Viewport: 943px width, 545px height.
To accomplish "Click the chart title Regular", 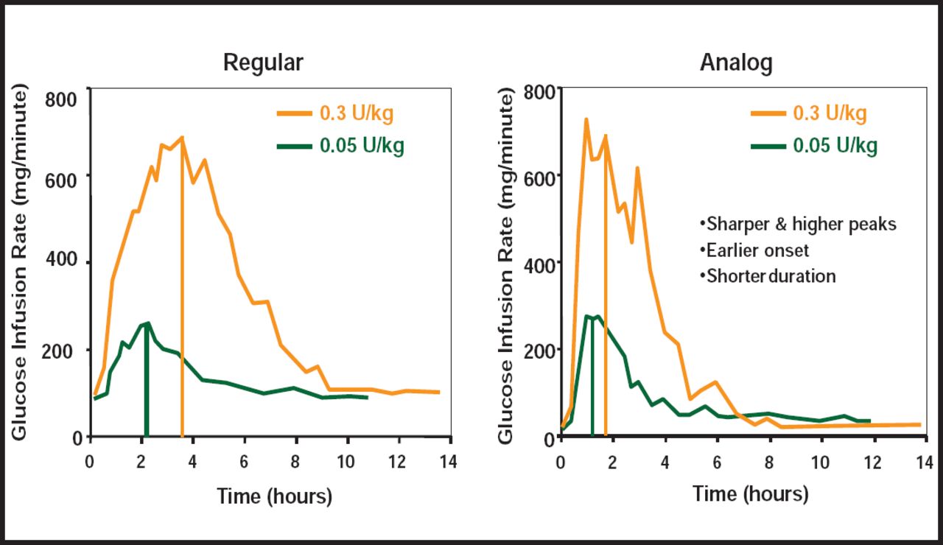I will coord(263,63).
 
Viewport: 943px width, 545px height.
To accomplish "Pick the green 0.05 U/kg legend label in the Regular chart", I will coord(362,146).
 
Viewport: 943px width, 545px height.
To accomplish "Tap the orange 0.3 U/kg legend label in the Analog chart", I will coord(830,113).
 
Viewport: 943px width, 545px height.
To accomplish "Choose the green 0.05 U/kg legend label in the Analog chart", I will coord(835,146).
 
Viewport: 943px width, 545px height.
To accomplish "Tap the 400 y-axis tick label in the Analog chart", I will coord(539,262).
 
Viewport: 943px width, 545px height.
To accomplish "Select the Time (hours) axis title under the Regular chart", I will coord(275,496).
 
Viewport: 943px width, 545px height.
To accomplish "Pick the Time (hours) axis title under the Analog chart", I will coord(751,493).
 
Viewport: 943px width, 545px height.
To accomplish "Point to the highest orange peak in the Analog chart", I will coord(586,119).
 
